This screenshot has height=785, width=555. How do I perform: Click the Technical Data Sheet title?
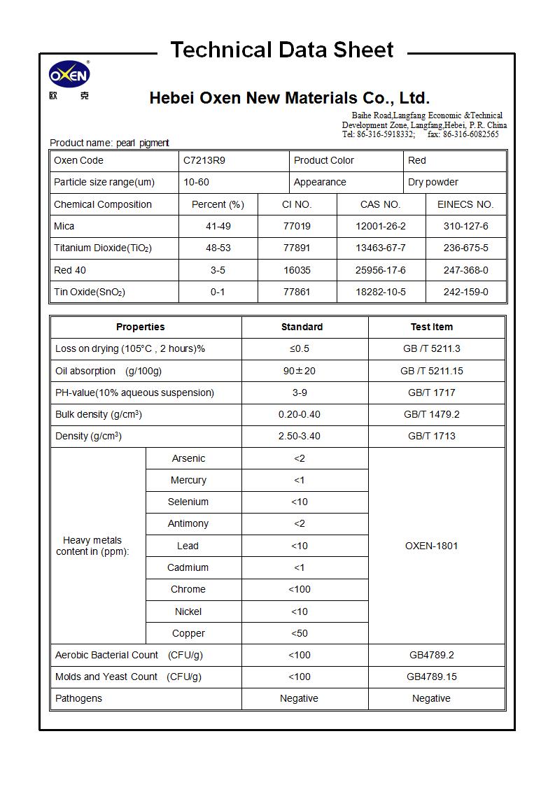[x=282, y=50]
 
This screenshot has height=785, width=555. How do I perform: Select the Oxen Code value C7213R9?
[x=204, y=160]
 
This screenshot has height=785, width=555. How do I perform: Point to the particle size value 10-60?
[x=196, y=182]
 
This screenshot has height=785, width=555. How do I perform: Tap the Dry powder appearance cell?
[x=433, y=182]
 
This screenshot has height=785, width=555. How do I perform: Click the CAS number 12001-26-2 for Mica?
[x=381, y=226]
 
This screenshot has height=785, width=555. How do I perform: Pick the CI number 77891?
[x=297, y=248]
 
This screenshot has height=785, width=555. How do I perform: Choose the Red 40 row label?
[x=70, y=270]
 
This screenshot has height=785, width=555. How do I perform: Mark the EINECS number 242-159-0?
[x=466, y=292]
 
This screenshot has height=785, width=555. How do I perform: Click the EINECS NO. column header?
[x=465, y=204]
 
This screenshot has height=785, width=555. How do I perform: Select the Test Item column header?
[x=431, y=327]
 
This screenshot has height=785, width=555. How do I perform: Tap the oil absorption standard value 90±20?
[x=300, y=371]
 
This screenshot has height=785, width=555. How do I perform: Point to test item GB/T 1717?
[x=431, y=392]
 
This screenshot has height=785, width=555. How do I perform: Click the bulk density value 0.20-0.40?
[x=300, y=414]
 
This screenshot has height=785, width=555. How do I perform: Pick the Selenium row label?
[x=188, y=502]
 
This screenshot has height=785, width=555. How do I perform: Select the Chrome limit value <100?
[x=300, y=589]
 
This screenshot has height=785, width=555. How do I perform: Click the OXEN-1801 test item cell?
[x=431, y=546]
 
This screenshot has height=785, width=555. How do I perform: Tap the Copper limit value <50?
[x=300, y=633]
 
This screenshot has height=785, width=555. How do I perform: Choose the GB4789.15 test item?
[x=431, y=677]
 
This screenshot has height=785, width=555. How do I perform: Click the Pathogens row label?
[x=79, y=698]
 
